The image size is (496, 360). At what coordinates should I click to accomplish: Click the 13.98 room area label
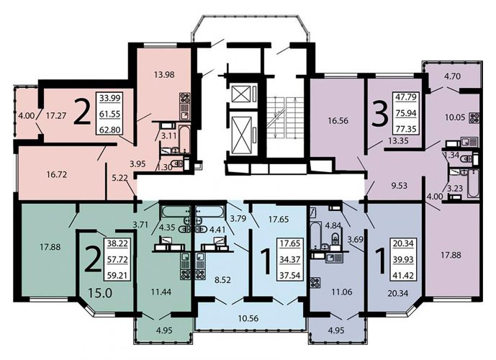coord(164,75)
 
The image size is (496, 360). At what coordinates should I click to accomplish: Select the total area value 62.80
coord(109,130)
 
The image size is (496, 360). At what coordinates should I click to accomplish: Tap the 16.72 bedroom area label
coord(57,174)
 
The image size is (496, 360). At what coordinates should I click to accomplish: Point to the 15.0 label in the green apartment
coord(100,293)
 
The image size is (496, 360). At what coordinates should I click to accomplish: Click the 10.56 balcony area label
coord(248,318)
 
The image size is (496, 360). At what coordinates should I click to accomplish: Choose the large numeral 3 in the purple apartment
coord(379,114)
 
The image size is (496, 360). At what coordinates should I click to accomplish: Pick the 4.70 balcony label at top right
coord(452,76)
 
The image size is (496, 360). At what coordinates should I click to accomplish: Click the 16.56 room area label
coord(336,120)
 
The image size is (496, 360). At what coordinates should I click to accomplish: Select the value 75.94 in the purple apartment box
coord(406,113)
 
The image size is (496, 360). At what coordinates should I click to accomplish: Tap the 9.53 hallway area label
coord(399,185)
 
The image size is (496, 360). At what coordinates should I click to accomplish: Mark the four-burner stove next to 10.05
coord(474,117)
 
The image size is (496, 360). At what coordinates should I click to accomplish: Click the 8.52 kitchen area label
coord(222,280)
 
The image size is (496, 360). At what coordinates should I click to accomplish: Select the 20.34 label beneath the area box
coord(397,293)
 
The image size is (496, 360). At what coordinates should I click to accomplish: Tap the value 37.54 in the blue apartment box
coord(290,275)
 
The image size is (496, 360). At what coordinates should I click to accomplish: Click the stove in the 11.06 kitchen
coord(315,282)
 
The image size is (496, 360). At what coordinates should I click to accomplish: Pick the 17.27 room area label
coord(56,115)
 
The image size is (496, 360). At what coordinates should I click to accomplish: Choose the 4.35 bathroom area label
coord(167,228)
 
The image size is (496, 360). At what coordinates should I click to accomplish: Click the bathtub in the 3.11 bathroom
coord(184,139)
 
